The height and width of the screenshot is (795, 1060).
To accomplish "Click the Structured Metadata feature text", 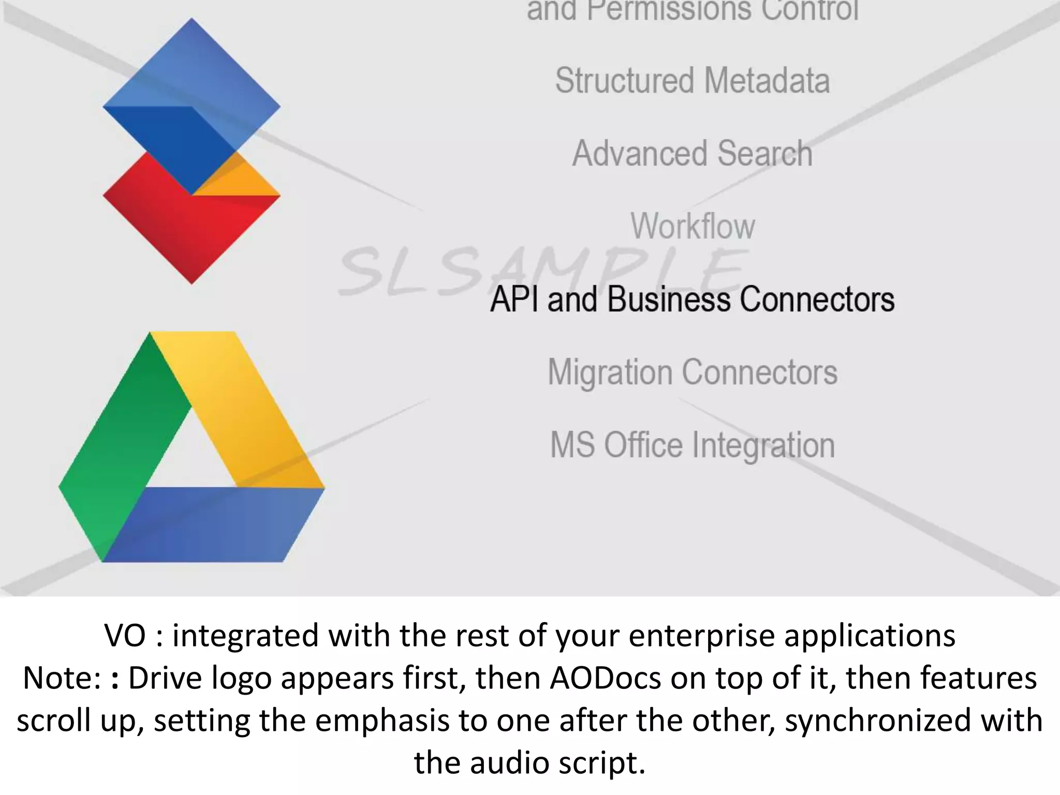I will pos(693,81).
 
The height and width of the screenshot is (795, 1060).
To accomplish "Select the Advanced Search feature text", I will pos(693,154).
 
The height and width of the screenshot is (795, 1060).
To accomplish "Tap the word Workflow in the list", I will pos(693,227).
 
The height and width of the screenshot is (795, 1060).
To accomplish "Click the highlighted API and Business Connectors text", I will pos(693,300).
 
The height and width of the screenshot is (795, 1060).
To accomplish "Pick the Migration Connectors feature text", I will pos(693,373).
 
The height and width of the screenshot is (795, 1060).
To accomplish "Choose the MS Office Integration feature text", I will pos(693,446).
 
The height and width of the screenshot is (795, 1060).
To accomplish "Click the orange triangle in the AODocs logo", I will pos(243,181).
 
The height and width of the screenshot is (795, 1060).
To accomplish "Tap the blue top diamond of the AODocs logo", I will pos(192,67).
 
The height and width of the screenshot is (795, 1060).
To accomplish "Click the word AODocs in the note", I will pos(605,678).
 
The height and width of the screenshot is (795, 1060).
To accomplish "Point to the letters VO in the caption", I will pos(125,636).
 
